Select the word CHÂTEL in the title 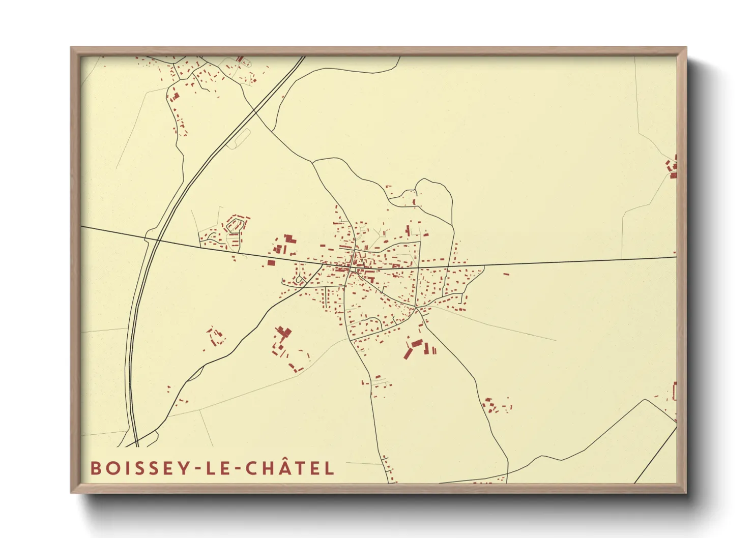click(x=290, y=468)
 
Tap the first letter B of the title click(x=95, y=468)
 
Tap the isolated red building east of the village click(x=506, y=274)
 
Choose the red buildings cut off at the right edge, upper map click(x=673, y=168)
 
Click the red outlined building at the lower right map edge click(x=675, y=391)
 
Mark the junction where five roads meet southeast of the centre click(x=416, y=308)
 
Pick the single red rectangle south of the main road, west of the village click(x=271, y=263)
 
